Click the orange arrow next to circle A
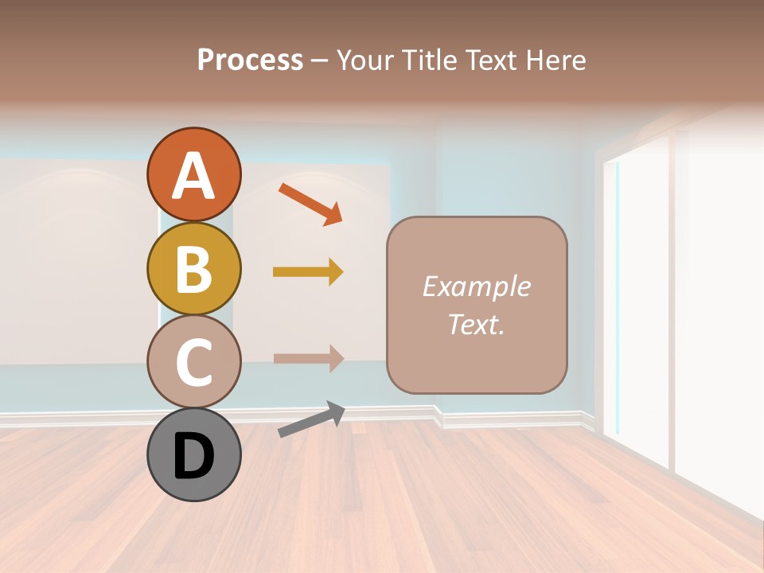(310, 202)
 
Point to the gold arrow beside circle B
(308, 272)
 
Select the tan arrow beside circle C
(308, 358)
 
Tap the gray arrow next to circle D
(311, 419)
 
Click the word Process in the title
(250, 60)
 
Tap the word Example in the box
(476, 286)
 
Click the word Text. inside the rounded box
(476, 324)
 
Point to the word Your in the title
(364, 60)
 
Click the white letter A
(193, 176)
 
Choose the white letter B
(193, 269)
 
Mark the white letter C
(193, 362)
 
